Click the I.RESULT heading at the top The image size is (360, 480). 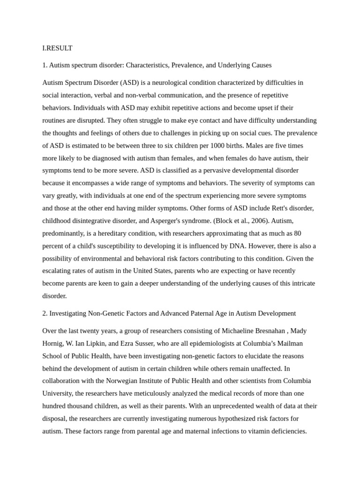coord(57,48)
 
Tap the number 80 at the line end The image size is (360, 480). coord(297,233)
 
